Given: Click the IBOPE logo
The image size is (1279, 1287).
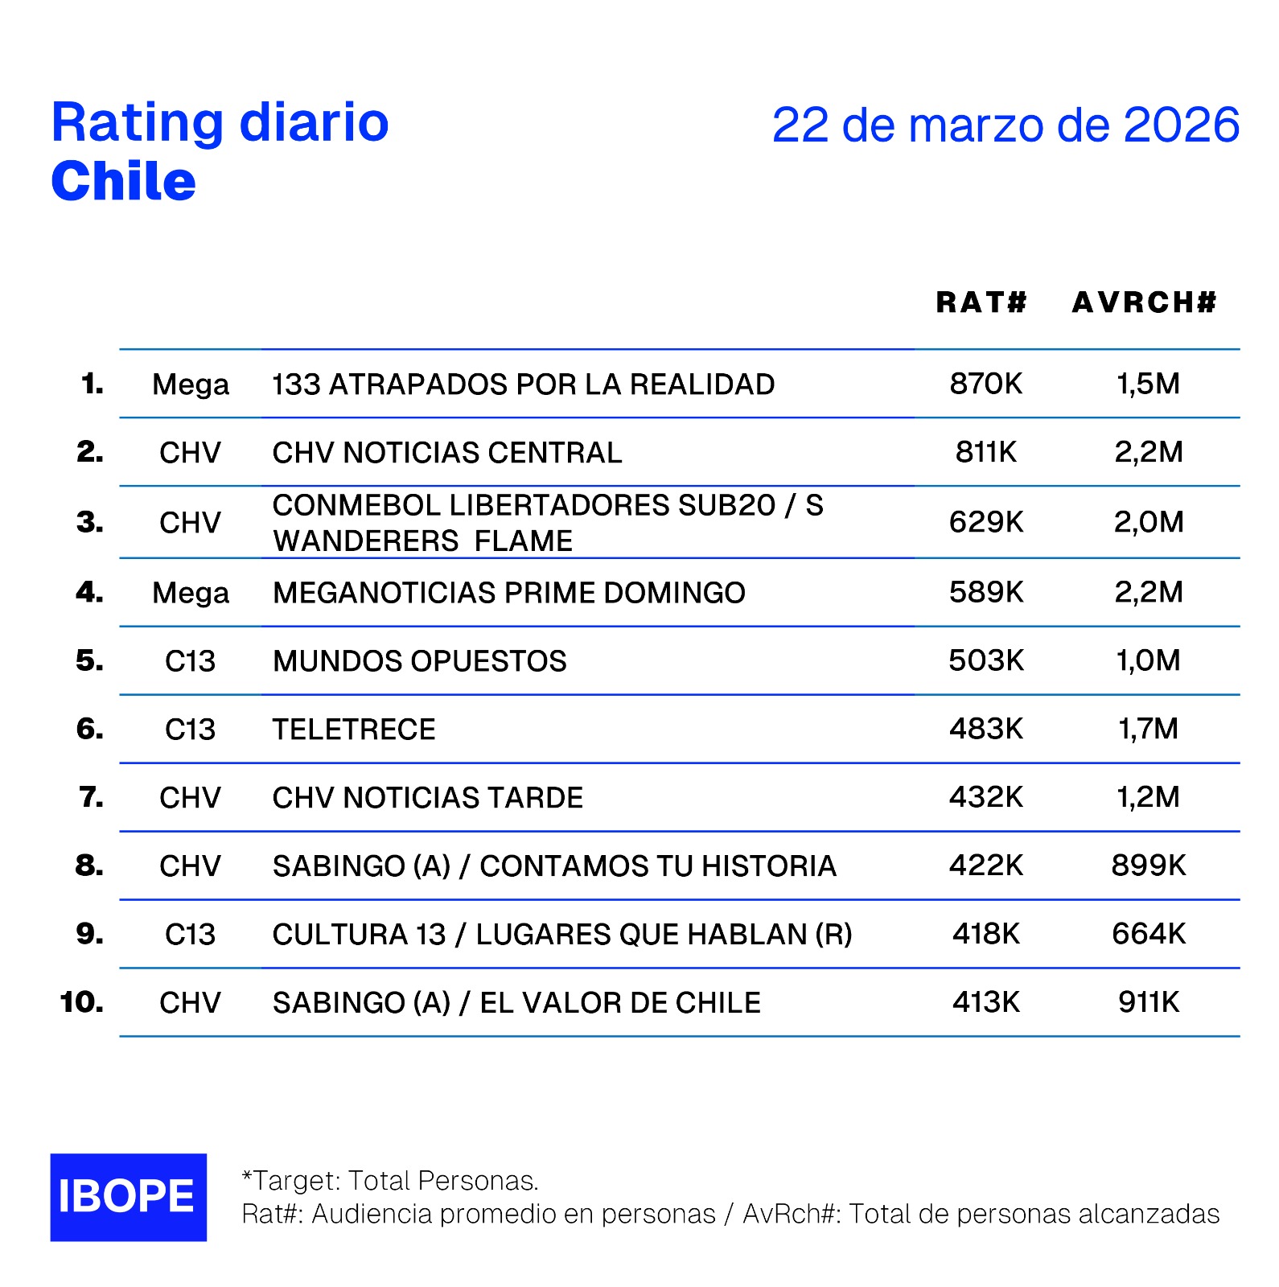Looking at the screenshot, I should (x=128, y=1197).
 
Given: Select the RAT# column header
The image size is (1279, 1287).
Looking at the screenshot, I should (x=981, y=302).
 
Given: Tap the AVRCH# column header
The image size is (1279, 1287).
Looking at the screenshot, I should (x=1145, y=302).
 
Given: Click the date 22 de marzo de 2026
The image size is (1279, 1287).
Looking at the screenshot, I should (x=1005, y=125).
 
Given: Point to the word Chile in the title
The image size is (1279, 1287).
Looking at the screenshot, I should (x=123, y=182).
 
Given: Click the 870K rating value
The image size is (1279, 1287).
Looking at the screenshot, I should (x=985, y=384).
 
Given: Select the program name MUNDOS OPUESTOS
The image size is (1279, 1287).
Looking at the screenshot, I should (x=419, y=661).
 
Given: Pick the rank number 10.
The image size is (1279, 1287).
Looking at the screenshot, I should (x=81, y=1002).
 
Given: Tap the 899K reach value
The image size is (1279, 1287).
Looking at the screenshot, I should (x=1148, y=866).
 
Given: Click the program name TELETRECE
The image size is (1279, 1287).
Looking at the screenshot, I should (x=354, y=730).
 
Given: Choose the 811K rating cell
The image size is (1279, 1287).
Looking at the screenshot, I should (x=985, y=452).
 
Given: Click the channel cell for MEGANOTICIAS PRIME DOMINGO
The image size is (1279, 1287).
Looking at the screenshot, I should (x=191, y=593).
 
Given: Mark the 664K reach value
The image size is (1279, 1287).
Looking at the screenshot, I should (x=1148, y=934).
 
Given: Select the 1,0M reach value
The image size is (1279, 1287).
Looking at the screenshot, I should (x=1148, y=661).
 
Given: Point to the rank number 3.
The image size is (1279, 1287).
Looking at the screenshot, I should (x=89, y=522).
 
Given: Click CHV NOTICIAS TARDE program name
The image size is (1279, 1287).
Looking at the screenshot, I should (x=427, y=798).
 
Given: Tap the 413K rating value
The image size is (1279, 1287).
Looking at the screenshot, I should (x=985, y=1002).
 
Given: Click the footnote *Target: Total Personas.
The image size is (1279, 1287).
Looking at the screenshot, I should (x=390, y=1180).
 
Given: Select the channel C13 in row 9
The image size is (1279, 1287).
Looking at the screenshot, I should (x=191, y=934).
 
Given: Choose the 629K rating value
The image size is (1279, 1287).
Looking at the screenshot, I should (x=985, y=522).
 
